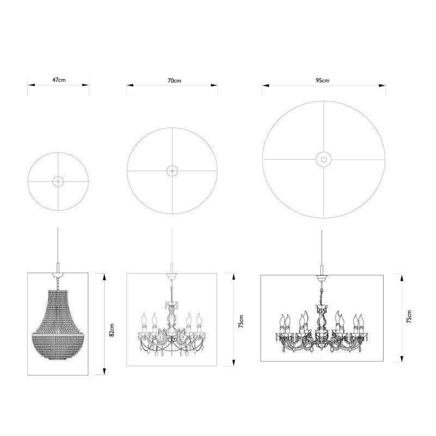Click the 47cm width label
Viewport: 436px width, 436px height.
(59, 80)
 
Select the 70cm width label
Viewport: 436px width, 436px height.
(174, 80)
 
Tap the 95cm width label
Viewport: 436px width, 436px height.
(323, 80)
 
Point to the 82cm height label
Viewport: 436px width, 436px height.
(111, 330)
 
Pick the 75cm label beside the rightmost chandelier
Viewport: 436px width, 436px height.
(409, 317)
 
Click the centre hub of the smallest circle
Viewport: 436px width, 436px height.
(58, 181)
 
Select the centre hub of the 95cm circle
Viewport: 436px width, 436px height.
(323, 159)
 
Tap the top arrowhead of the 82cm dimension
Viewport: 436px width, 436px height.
(104, 276)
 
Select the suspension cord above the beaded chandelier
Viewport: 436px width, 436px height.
(58, 245)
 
